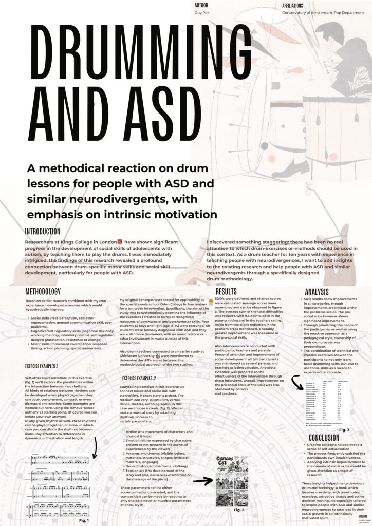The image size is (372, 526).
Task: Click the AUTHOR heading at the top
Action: pyautogui.click(x=201, y=4)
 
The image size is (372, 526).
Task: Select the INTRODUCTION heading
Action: pyautogui.click(x=43, y=232)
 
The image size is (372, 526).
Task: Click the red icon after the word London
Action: pyautogui.click(x=120, y=241)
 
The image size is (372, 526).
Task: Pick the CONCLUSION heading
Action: pyautogui.click(x=324, y=438)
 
